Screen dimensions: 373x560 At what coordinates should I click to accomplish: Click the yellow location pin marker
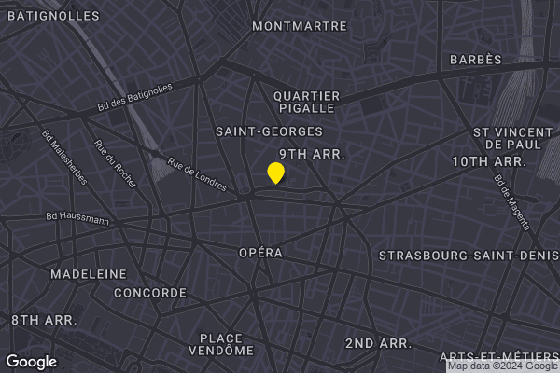(275, 173)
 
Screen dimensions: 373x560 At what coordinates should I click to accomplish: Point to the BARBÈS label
(476, 60)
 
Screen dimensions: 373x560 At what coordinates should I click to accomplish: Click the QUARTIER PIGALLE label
(306, 102)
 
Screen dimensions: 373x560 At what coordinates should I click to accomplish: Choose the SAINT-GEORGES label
(269, 131)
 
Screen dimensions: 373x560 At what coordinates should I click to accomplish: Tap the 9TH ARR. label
(313, 154)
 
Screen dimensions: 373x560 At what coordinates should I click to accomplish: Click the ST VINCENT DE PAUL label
(508, 138)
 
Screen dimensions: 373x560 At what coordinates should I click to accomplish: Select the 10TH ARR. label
(490, 161)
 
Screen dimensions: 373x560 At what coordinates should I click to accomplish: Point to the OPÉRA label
(260, 253)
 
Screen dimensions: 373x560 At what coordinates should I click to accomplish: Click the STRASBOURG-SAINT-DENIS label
(467, 256)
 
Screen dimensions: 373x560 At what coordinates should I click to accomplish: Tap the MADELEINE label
(89, 274)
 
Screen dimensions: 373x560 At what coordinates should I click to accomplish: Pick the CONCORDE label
(149, 293)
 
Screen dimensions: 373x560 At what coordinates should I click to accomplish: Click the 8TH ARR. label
(44, 320)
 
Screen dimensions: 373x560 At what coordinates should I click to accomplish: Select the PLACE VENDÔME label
(221, 344)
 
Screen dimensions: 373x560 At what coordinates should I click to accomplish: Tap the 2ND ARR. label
(378, 343)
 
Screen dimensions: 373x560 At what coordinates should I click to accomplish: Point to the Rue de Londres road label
(197, 174)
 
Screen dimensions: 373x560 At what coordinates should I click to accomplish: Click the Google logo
(32, 362)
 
